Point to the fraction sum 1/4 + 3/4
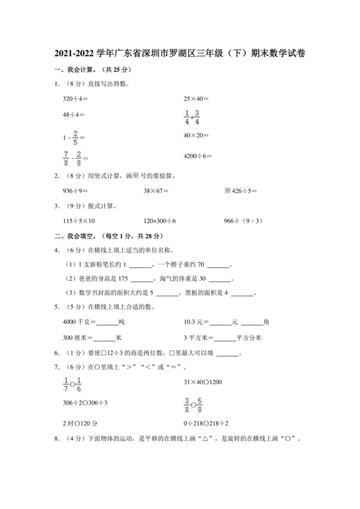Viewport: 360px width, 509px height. point(192,118)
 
